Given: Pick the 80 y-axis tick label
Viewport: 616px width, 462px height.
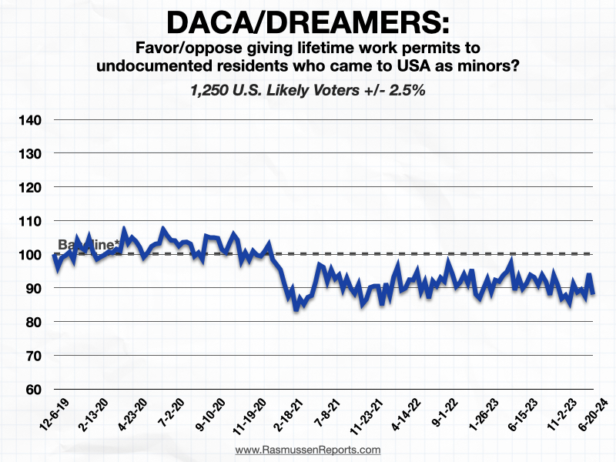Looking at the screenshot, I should click(32, 322).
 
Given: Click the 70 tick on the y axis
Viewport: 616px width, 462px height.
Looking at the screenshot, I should click(32, 356).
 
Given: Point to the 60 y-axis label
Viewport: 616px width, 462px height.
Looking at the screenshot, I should click(32, 390).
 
